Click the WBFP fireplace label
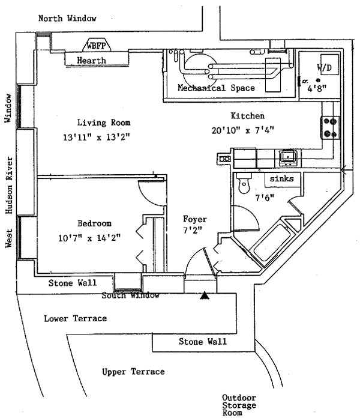96,46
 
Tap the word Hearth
91,60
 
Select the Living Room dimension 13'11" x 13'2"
97,137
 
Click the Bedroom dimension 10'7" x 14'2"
89,237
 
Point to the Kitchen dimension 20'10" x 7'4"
243,130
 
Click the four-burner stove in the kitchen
331,127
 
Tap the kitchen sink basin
288,157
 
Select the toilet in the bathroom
244,183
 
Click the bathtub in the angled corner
272,243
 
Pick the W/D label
325,67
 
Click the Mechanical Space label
216,88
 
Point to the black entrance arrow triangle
205,295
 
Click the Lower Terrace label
76,318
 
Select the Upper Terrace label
133,372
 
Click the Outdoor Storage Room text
239,405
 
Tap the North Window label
67,19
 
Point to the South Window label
130,295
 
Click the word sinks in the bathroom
282,178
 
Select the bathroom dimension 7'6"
265,198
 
